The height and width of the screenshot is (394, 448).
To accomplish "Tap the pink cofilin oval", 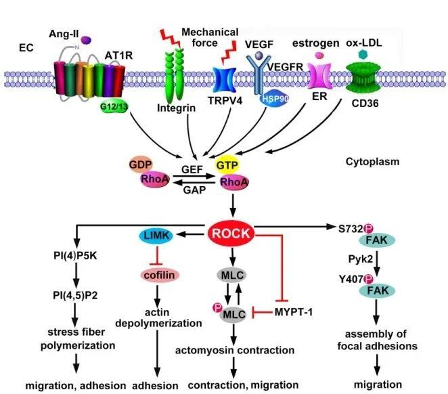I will click(158, 274).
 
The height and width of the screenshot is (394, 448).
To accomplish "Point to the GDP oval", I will click(145, 166).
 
